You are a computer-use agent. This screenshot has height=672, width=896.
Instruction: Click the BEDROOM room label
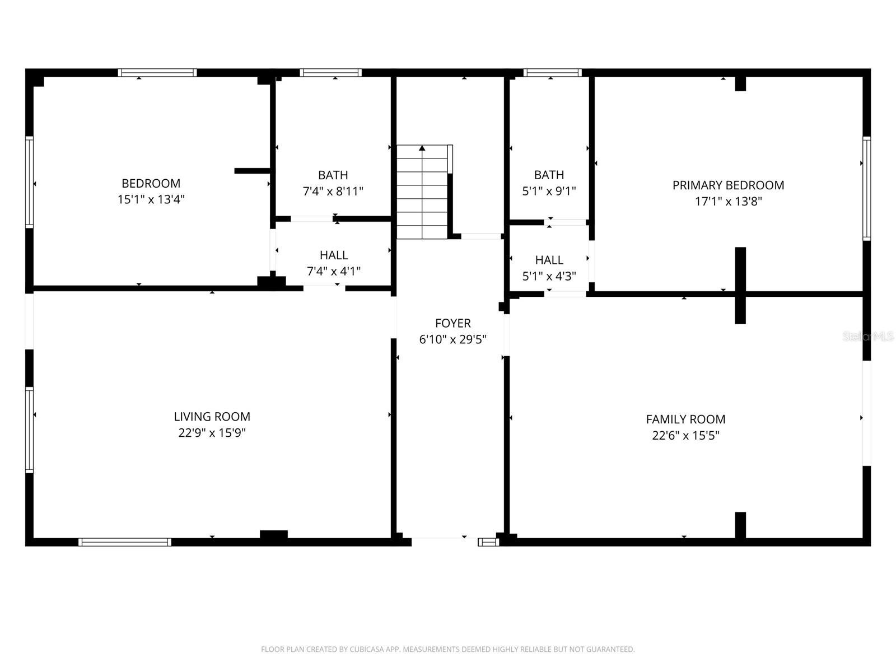click(x=151, y=183)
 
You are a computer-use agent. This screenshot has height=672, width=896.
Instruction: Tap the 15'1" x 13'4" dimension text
click(x=151, y=199)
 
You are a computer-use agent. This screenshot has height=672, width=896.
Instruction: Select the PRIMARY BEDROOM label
click(x=728, y=185)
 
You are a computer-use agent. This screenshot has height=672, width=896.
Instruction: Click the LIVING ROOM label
click(x=212, y=417)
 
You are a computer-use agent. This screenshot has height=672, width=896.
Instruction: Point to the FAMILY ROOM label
click(x=685, y=419)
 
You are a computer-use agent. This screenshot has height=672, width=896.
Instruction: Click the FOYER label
click(x=452, y=323)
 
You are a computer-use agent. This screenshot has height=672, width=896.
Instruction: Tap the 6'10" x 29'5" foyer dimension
click(x=452, y=339)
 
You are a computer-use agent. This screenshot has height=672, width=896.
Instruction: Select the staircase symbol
click(x=422, y=192)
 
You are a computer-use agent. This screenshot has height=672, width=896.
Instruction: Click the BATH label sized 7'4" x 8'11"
click(x=333, y=175)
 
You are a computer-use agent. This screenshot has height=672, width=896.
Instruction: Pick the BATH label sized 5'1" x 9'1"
click(x=549, y=175)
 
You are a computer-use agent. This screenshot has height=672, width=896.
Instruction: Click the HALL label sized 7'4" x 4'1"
click(x=334, y=255)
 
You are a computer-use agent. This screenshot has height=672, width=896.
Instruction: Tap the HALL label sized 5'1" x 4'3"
click(x=549, y=260)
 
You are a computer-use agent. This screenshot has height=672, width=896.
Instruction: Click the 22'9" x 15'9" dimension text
click(x=212, y=433)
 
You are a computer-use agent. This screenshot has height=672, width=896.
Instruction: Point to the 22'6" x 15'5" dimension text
click(x=685, y=436)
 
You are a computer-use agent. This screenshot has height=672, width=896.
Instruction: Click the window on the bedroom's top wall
click(x=157, y=73)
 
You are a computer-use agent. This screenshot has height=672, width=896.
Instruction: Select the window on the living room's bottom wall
click(x=124, y=542)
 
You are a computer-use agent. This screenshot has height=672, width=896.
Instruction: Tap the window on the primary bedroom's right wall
click(x=866, y=189)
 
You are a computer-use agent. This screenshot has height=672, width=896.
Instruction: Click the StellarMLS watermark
click(x=868, y=337)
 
